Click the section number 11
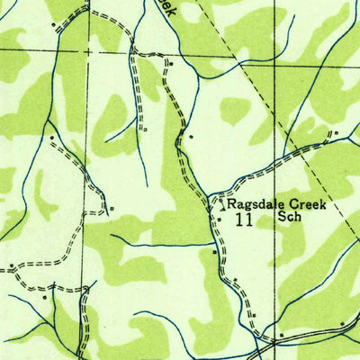tap(241, 219)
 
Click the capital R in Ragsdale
tap(237, 205)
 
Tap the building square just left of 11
tap(219, 219)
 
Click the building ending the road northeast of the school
tap(335, 134)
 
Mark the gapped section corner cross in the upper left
tap(88, 52)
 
